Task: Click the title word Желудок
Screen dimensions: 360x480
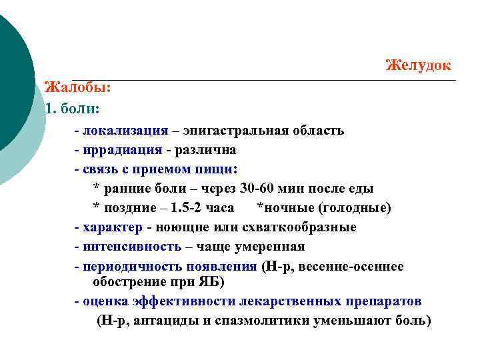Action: pyautogui.click(x=419, y=65)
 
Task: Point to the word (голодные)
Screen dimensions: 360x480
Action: pyautogui.click(x=354, y=208)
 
